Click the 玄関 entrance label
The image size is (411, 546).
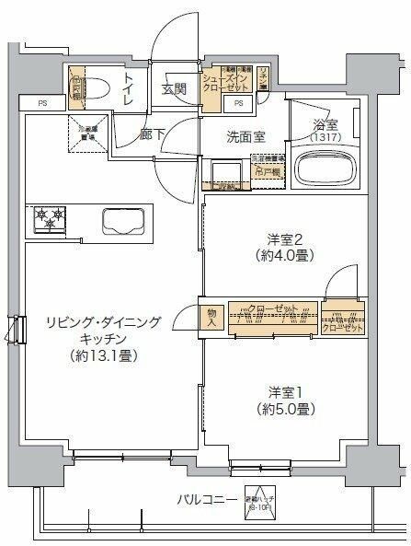175,89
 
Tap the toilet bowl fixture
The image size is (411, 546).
96,86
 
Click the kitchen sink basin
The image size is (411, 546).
122,221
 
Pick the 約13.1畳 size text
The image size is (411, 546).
102,355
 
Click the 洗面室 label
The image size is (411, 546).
247,137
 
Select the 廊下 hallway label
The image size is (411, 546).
153,134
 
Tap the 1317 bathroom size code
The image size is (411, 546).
325,137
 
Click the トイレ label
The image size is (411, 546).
127,87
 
